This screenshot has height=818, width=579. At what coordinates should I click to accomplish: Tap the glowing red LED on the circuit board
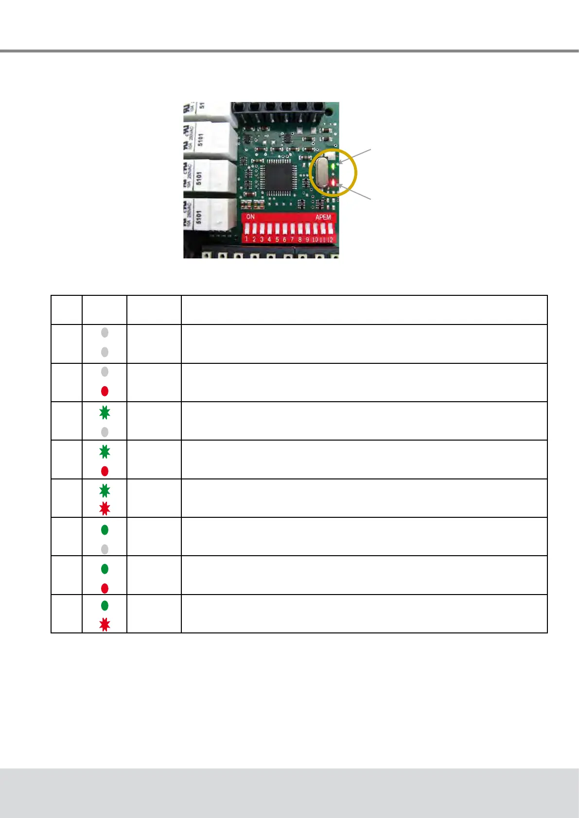[x=333, y=182]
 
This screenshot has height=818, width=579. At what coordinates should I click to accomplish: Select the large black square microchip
[x=274, y=176]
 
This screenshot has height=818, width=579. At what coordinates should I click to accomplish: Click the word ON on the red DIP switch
[x=250, y=217]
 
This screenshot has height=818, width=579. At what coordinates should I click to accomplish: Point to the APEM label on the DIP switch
[x=323, y=217]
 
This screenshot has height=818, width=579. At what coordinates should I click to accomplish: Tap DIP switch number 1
[x=246, y=229]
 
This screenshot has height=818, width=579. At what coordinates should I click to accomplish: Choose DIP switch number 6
[x=285, y=229]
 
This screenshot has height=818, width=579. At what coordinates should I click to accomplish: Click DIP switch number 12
[x=331, y=229]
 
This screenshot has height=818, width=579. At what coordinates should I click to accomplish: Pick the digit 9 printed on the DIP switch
[x=307, y=239]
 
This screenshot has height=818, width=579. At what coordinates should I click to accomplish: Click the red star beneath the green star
[x=105, y=509]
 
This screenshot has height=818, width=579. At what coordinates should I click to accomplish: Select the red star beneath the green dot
[x=105, y=625]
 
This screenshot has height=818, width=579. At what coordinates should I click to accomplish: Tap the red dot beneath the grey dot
[x=105, y=391]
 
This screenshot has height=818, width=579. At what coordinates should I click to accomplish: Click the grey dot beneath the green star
[x=105, y=432]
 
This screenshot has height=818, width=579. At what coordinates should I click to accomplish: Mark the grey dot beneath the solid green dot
[x=105, y=549]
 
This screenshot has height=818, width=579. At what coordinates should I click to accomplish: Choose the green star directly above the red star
[x=105, y=490]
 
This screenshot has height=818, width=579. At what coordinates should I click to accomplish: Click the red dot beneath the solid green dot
[x=105, y=588]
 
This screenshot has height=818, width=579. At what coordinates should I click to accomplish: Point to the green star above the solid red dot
[x=105, y=452]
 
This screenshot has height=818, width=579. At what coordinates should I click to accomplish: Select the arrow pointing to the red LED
[x=355, y=192]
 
